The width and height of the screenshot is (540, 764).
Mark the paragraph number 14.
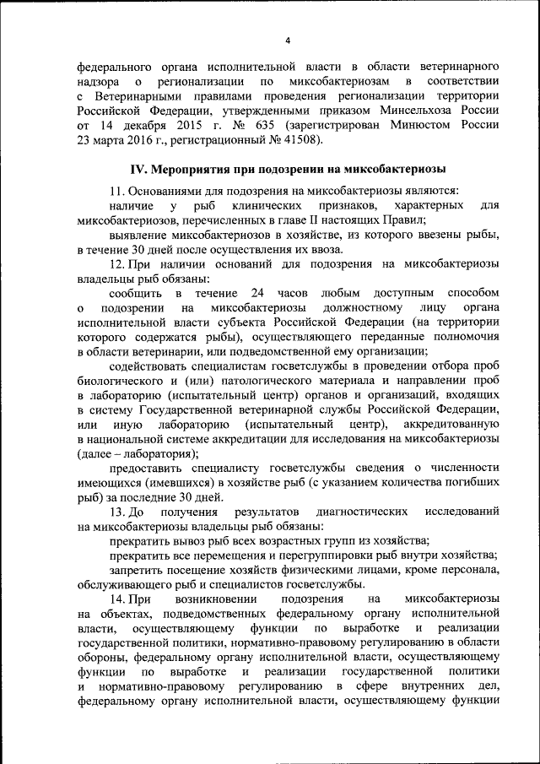[x=117, y=599]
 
